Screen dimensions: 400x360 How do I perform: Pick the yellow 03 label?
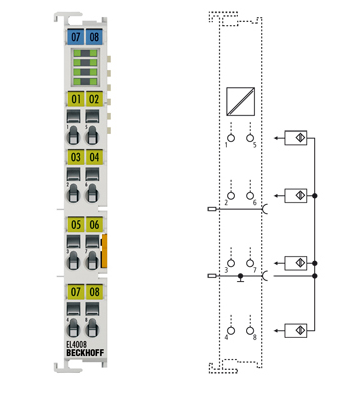pos(75,157)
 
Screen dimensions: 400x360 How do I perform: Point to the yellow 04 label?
pos(94,157)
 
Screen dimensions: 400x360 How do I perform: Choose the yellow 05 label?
pos(75,224)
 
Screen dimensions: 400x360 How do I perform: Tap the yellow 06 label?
pos(94,224)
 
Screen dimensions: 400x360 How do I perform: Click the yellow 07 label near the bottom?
pos(75,291)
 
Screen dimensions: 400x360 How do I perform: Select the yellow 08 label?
pos(94,291)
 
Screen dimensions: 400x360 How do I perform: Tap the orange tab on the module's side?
pos(104,247)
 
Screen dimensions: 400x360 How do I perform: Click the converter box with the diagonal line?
pos(240,101)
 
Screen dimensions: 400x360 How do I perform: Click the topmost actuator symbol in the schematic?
pos(296,137)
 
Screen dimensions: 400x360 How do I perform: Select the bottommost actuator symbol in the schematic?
pos(296,329)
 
